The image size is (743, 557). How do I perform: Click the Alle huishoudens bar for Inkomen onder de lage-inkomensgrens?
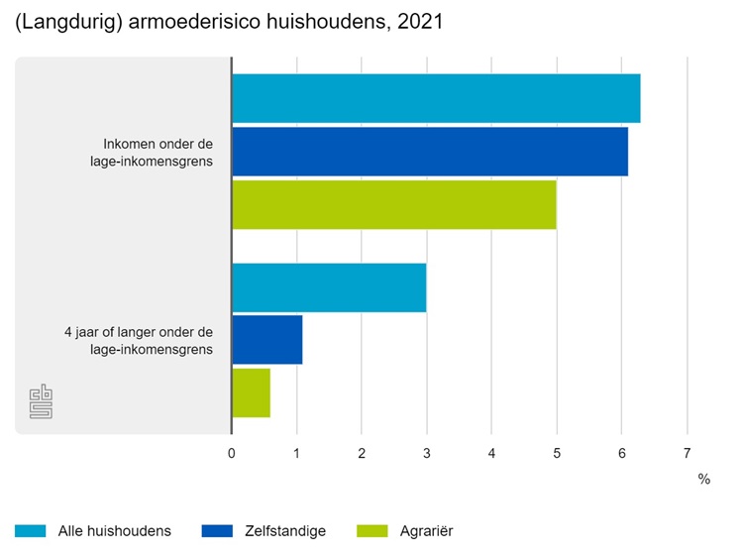pos(436,98)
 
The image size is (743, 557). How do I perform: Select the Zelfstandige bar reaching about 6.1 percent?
pos(430,151)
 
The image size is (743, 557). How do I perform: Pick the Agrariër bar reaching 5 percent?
pos(394,204)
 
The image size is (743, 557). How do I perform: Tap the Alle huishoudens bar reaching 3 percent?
pos(329,288)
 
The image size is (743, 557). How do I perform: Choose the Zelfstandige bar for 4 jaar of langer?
pos(267,341)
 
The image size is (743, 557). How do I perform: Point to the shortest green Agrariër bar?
pos(251,392)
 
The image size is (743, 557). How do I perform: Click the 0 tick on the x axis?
pos(232,453)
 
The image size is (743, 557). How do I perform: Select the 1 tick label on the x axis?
pos(296,453)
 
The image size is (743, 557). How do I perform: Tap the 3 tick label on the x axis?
pos(426,453)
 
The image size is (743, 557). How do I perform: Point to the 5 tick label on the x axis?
pos(557,453)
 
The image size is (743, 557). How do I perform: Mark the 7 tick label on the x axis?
pos(687,453)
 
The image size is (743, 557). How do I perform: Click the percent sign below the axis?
pos(703,479)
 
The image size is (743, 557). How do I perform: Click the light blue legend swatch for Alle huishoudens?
pos(32,531)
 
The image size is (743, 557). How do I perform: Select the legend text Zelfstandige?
pos(284,531)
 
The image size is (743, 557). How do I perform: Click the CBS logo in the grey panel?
pos(42,401)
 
